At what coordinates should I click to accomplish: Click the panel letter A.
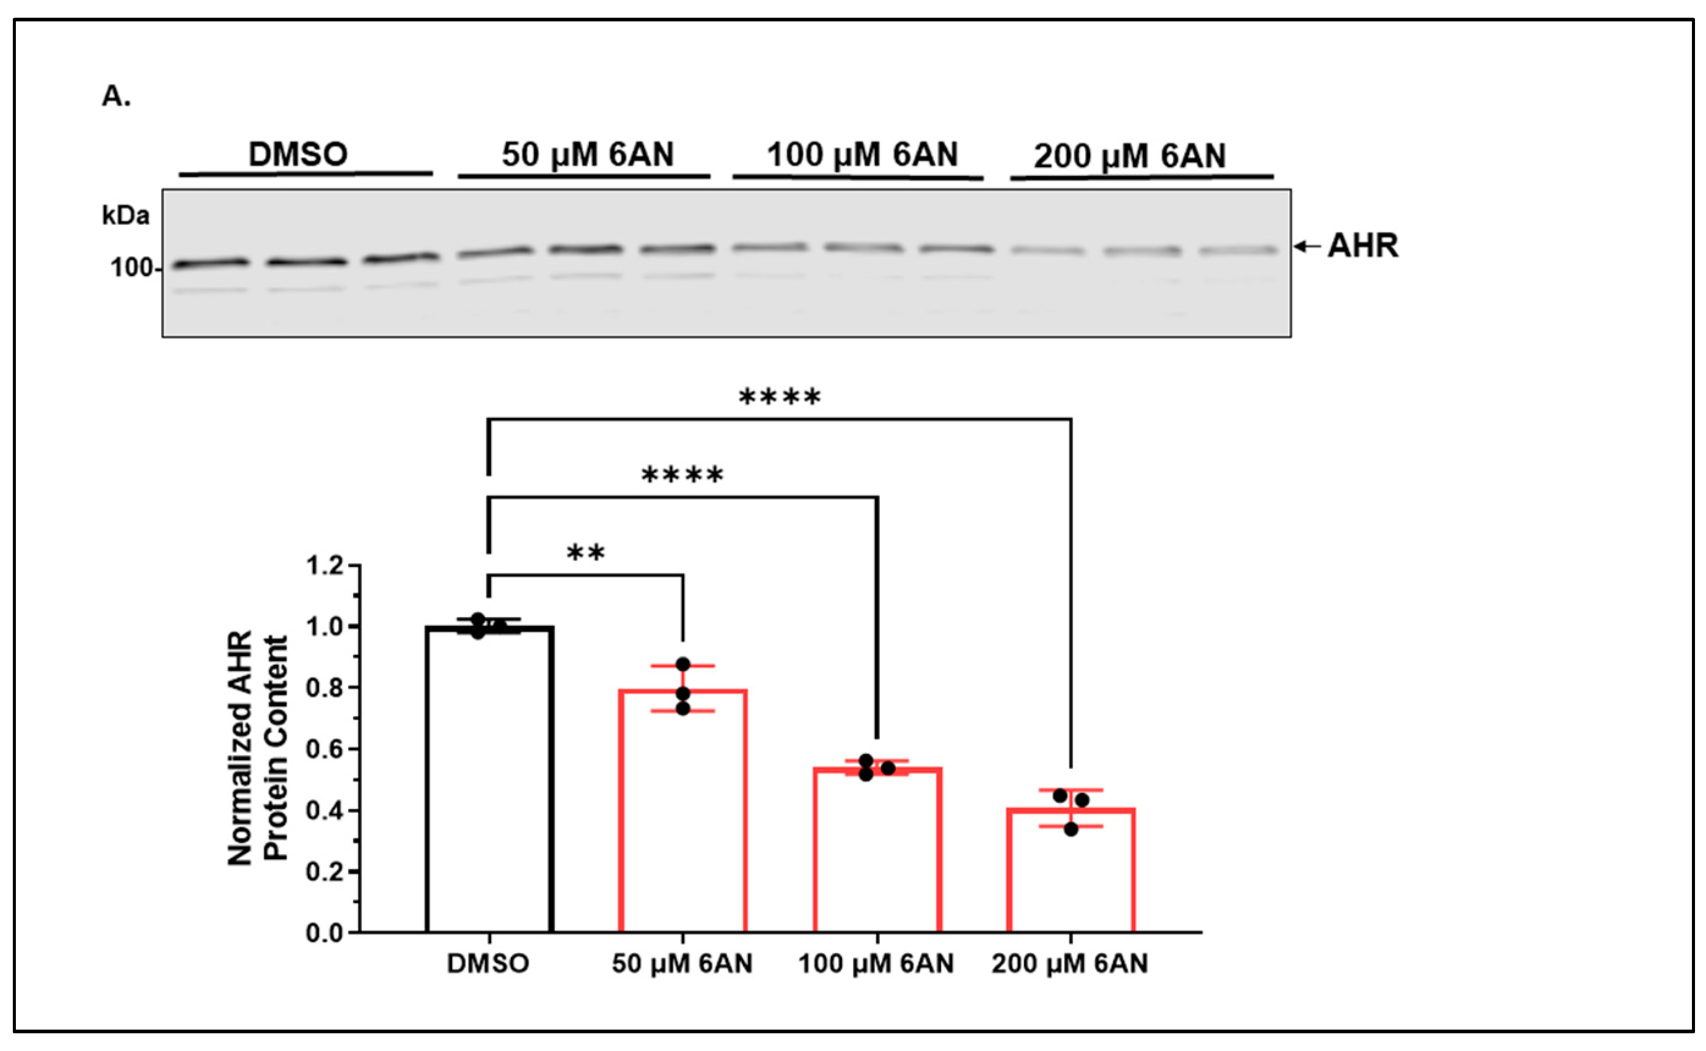(115, 97)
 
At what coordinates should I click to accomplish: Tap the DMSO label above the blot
(298, 153)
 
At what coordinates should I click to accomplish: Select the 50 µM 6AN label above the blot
(587, 153)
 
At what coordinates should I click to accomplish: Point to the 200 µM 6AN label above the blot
(1129, 156)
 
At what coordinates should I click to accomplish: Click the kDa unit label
(125, 216)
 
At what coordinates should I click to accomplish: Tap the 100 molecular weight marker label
(131, 268)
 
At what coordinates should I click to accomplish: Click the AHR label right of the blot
(1362, 246)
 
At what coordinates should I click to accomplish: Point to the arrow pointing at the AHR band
(1306, 246)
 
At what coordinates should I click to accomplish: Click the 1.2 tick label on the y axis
(324, 566)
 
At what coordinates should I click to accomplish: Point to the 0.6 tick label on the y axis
(324, 749)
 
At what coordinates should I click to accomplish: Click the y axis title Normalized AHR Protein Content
(257, 748)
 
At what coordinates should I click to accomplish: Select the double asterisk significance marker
(586, 554)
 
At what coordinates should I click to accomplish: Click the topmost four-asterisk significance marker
(780, 398)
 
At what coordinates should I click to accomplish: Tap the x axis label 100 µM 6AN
(876, 964)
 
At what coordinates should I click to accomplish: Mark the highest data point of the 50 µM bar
(683, 665)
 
